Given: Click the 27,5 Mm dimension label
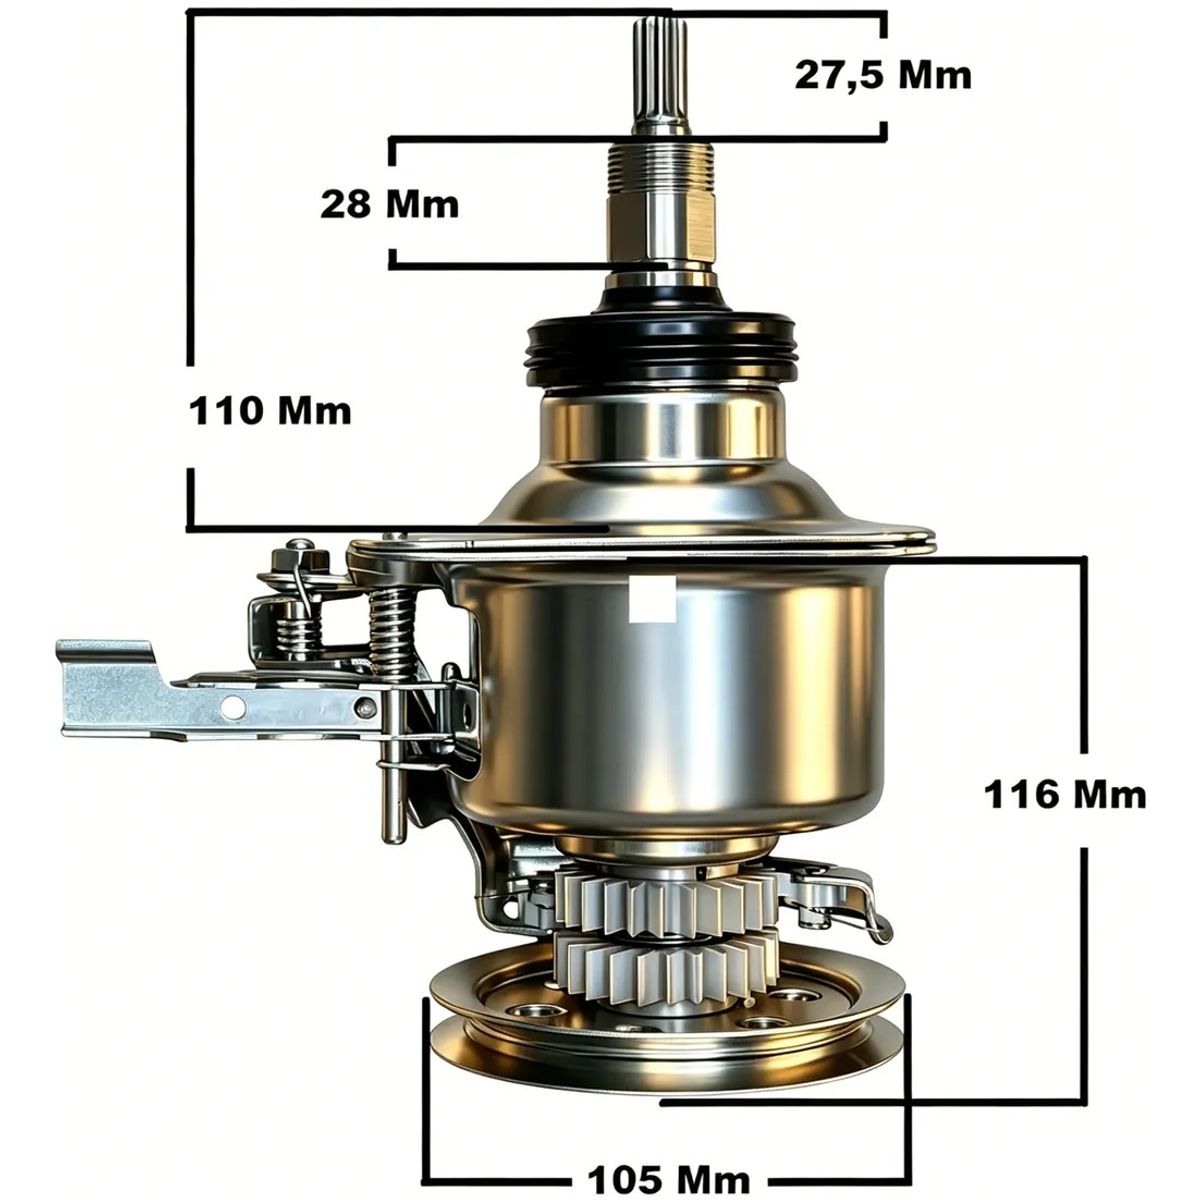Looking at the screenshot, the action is pos(882,76).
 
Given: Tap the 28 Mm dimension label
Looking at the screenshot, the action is pos(390,204).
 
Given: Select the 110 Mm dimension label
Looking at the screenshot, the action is pos(270,411).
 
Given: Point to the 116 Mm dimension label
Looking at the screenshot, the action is pos(1065,795).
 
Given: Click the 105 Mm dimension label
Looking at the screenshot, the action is pos(668,1162).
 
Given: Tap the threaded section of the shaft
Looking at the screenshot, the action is pos(661,167).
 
